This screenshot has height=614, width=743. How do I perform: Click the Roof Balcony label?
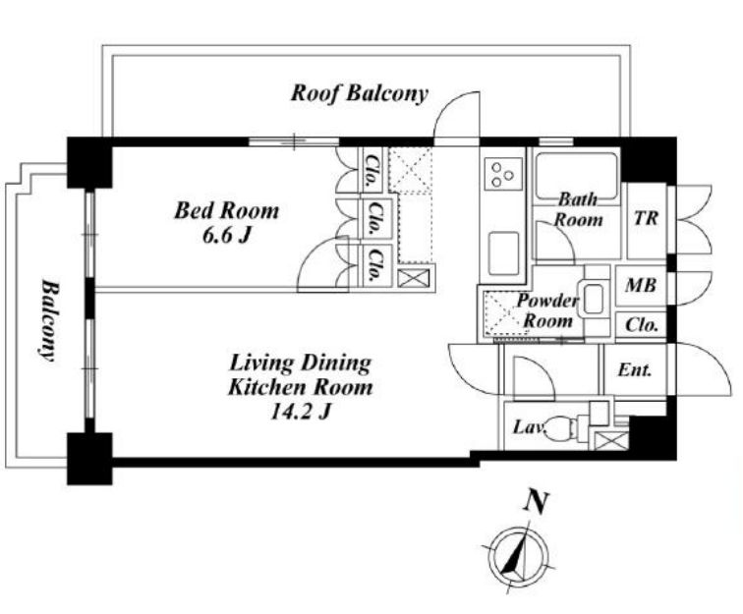[359, 93]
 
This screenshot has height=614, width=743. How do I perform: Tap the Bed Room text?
[226, 211]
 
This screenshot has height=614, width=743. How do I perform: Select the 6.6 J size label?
[226, 235]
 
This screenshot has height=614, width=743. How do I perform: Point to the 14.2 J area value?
[300, 413]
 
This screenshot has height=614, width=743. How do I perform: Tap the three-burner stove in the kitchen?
[503, 175]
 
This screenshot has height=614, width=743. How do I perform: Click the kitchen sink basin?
[503, 253]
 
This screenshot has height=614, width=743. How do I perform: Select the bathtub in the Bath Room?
[576, 176]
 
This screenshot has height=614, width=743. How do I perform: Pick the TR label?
[647, 218]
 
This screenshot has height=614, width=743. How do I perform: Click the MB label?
[641, 285]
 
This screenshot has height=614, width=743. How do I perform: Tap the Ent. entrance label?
[635, 370]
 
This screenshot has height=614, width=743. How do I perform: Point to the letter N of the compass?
[536, 503]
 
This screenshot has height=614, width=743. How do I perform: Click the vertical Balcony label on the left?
[49, 320]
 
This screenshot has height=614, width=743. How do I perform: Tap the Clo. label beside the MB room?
[642, 325]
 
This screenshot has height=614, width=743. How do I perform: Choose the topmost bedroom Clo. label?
[371, 170]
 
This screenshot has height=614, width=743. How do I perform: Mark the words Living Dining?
[301, 364]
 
